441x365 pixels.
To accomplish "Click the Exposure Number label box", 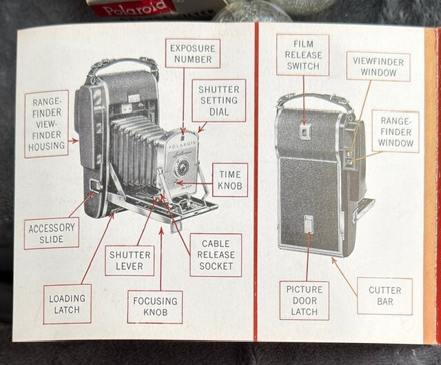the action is pyautogui.click(x=192, y=53).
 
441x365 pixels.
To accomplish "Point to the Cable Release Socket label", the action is pyautogui.click(x=216, y=255).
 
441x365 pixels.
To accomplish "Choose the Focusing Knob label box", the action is pyautogui.click(x=155, y=307).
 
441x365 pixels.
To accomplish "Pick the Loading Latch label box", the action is pyautogui.click(x=67, y=304).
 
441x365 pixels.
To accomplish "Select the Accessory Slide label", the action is pyautogui.click(x=51, y=233).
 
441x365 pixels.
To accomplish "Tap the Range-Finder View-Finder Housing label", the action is pyautogui.click(x=46, y=124).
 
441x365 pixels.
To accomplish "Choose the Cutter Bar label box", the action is pyautogui.click(x=384, y=296).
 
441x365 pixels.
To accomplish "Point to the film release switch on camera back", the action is pyautogui.click(x=305, y=130).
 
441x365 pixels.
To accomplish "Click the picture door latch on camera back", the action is pyautogui.click(x=308, y=224).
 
